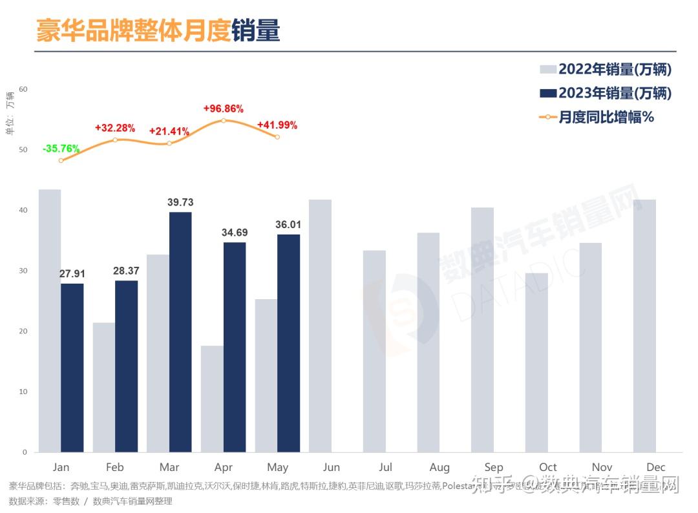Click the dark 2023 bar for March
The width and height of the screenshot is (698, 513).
point(180,332)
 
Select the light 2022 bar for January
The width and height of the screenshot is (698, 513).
point(50,320)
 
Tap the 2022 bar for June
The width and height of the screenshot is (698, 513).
point(320,326)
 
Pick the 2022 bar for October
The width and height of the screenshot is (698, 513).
point(536,362)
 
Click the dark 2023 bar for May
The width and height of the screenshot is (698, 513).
point(288,343)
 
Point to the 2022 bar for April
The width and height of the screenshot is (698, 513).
point(212,399)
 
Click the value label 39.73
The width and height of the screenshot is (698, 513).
point(180,203)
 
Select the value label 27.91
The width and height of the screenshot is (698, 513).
point(72,274)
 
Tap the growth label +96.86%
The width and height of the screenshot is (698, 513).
point(223,109)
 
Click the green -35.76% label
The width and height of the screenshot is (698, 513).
point(61,149)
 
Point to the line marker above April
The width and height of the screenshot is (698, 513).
point(223,121)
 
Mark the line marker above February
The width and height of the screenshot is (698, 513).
point(115,140)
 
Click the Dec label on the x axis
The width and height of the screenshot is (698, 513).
point(655,467)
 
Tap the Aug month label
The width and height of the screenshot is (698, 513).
point(439,467)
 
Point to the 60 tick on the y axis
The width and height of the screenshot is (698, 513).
point(23,89)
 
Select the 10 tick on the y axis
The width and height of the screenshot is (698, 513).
point(23,392)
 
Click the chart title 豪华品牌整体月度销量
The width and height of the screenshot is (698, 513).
point(158,30)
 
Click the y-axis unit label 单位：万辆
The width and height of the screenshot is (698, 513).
point(10,114)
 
